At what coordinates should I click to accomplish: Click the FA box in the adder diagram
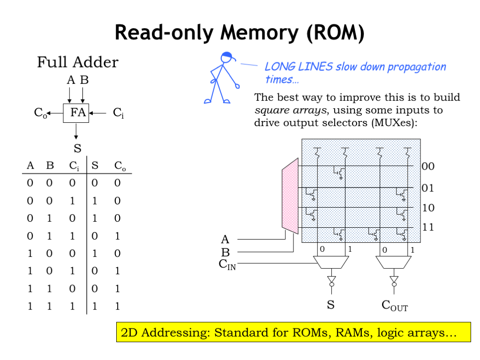[x=76, y=112]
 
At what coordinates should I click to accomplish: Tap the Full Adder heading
[x=78, y=62]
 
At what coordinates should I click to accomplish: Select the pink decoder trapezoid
[x=290, y=196]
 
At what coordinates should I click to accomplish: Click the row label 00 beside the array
[x=428, y=166]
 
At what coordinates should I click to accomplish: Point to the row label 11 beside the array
[x=428, y=228]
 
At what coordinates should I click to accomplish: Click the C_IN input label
[x=227, y=264]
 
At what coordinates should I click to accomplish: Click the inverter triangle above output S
[x=331, y=281]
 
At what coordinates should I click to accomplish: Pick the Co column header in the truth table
[x=120, y=165]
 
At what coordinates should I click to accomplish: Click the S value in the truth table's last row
[x=95, y=307]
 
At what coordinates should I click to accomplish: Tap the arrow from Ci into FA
[x=99, y=112]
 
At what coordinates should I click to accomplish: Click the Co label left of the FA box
[x=40, y=112]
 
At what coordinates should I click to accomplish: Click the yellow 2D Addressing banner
[x=293, y=332]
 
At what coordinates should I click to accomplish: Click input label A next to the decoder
[x=225, y=240]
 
